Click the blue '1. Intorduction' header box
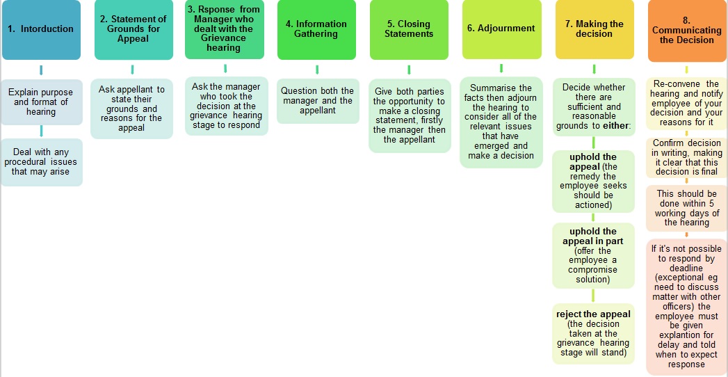[x=41, y=30]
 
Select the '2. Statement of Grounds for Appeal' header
[x=134, y=30]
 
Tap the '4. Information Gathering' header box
[x=316, y=30]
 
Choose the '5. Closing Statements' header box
[x=409, y=30]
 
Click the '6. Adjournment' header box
[x=501, y=30]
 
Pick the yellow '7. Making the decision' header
[x=594, y=30]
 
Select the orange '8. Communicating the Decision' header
[x=687, y=31]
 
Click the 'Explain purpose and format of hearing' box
[x=41, y=102]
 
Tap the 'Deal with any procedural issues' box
[x=41, y=162]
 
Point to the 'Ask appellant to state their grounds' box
[x=132, y=109]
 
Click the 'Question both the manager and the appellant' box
[x=318, y=101]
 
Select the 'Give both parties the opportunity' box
[x=410, y=115]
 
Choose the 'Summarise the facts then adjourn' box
[x=501, y=122]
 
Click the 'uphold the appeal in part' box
[x=593, y=255]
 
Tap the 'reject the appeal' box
[x=593, y=333]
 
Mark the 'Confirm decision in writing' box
[x=687, y=157]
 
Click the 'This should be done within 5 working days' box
[x=687, y=208]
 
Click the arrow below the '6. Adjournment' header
[x=501, y=68]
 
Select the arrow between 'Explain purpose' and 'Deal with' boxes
[x=41, y=131]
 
